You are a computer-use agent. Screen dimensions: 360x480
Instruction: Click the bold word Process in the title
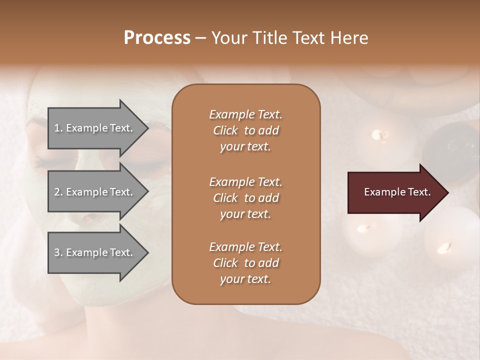157,38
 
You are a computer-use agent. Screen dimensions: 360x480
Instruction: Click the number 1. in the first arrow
58,128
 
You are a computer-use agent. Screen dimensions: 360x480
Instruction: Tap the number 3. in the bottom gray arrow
58,252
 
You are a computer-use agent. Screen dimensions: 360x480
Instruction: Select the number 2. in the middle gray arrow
58,192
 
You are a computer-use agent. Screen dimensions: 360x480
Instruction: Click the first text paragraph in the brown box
246,130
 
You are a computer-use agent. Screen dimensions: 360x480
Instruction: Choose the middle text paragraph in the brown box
246,198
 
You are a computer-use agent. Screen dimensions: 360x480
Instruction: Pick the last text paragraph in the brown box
246,263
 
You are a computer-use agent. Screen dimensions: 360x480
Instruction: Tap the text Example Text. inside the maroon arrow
397,192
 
